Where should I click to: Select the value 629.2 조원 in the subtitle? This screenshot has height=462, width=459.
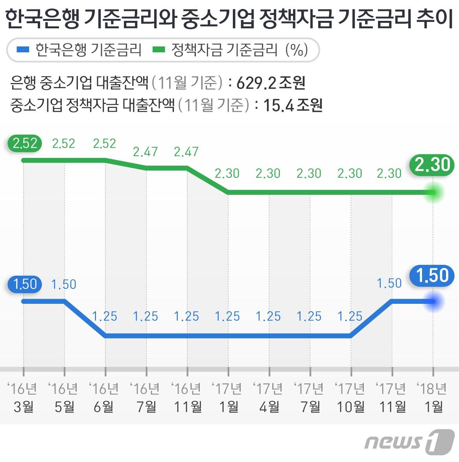(x=271, y=83)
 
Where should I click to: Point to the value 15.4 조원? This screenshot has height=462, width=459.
(x=293, y=105)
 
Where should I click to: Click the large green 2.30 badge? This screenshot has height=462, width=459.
(x=432, y=164)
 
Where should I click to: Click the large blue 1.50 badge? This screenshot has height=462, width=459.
(x=432, y=275)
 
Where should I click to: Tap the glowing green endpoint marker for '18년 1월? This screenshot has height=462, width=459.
(x=433, y=192)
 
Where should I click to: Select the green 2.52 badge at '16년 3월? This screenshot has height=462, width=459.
(x=25, y=143)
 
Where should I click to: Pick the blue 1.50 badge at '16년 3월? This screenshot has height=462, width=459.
(x=25, y=284)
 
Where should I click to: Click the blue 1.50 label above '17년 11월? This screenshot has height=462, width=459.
(x=389, y=283)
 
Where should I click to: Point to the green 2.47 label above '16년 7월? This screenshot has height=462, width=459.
(x=145, y=152)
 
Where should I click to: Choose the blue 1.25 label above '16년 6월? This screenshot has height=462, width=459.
(x=105, y=316)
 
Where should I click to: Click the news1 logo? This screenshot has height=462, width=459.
(x=409, y=442)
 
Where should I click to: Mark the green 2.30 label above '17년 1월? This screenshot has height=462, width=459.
(x=227, y=173)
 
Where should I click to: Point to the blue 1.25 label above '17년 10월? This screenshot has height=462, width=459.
(x=350, y=316)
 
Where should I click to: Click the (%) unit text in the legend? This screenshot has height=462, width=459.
(x=297, y=50)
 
